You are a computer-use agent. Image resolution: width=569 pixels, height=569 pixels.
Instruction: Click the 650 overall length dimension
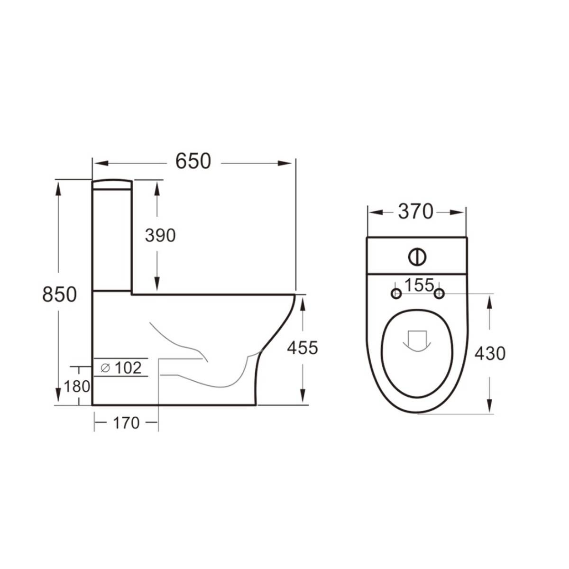tap(193, 162)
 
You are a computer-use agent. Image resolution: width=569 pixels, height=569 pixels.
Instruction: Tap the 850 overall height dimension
tap(59, 294)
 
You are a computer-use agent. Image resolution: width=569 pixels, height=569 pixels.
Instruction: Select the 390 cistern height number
tap(160, 236)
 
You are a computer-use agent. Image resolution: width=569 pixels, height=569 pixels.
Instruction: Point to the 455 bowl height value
tap(303, 348)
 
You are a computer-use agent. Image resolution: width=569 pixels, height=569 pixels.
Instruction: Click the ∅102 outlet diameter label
tap(121, 367)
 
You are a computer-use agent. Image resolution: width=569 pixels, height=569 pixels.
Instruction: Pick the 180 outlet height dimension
tap(77, 386)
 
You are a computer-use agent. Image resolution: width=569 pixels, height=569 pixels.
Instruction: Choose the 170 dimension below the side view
tap(126, 422)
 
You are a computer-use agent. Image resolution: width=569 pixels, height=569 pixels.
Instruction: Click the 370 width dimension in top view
tap(415, 212)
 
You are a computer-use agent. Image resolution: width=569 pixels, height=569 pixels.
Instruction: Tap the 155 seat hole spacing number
tap(419, 285)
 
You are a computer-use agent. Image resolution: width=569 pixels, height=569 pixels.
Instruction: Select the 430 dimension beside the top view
tap(490, 353)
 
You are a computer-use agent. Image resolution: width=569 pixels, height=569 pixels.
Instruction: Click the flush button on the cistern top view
tap(417, 257)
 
